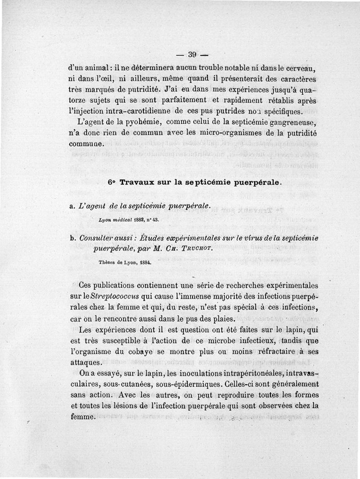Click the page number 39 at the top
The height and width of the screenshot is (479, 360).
(193, 55)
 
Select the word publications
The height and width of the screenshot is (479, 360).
(115, 286)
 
